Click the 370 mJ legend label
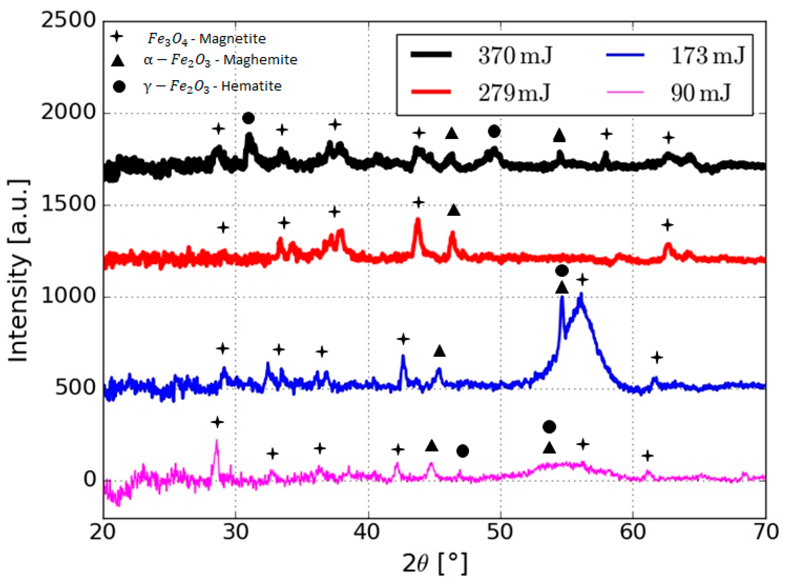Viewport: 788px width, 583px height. (515, 56)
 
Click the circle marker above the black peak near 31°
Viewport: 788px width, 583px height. (248, 118)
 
